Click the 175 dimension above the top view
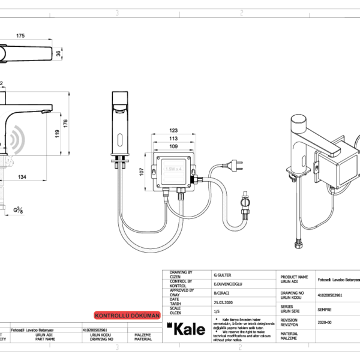click(x=21, y=36)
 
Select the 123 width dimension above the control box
click(x=174, y=130)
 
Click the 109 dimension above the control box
click(x=174, y=146)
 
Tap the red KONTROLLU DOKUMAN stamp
click(x=127, y=315)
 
